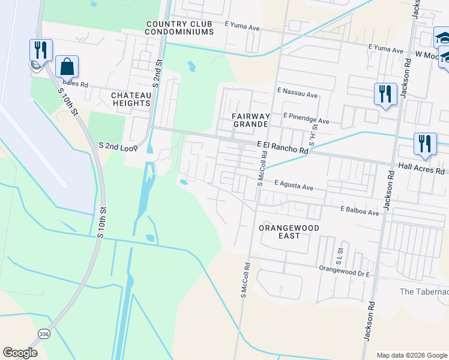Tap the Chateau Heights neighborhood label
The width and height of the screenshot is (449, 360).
[x=130, y=99]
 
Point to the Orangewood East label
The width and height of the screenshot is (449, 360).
[x=288, y=232]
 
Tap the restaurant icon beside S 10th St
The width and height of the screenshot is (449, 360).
[x=40, y=49]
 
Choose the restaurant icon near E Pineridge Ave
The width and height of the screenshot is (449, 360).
[x=385, y=94]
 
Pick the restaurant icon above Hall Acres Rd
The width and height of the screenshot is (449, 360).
[x=424, y=144]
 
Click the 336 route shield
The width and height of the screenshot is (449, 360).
[x=43, y=333]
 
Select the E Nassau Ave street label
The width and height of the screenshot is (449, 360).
[x=297, y=95]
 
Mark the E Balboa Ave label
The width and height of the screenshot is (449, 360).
[x=360, y=211]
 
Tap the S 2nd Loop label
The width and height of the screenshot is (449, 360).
[x=118, y=146]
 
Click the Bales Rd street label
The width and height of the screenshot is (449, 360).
[x=75, y=85]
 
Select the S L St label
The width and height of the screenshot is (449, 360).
[x=339, y=256]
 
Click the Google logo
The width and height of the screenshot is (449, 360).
[x=20, y=353]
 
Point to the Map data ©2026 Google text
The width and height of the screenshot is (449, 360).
[x=411, y=355]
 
